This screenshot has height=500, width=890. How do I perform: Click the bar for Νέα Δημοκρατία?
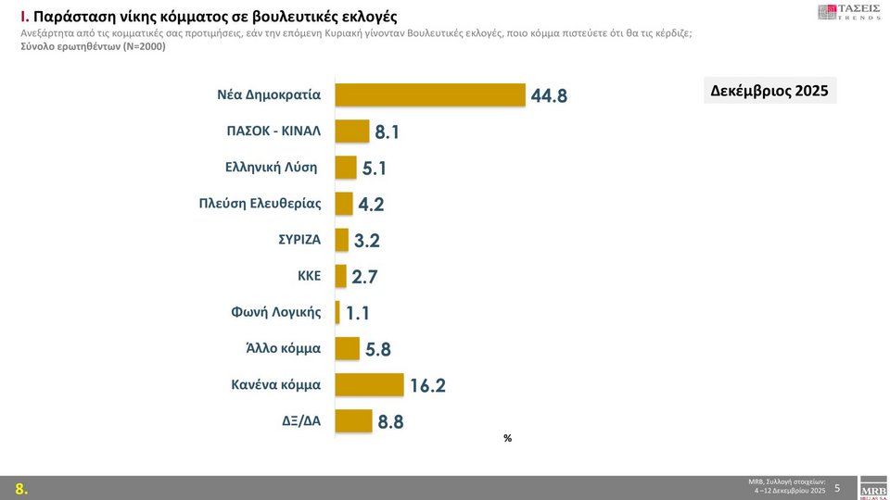(429, 94)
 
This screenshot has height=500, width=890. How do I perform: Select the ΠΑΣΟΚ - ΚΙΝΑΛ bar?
(351, 131)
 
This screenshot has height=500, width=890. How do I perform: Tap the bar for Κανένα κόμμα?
(369, 384)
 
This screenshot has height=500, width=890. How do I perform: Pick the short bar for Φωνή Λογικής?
(337, 312)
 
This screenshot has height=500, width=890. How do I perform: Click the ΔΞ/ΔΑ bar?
(353, 421)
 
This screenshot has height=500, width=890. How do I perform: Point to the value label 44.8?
(549, 95)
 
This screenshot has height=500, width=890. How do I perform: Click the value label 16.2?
(427, 386)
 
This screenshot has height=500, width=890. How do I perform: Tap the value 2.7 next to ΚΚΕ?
(365, 277)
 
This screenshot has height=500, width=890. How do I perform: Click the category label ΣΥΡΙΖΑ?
(299, 239)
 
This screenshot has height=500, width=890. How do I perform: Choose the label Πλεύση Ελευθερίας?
(261, 203)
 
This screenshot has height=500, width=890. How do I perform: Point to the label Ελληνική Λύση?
(272, 167)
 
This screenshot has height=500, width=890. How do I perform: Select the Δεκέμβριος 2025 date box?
(769, 91)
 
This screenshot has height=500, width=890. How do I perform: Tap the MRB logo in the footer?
(873, 490)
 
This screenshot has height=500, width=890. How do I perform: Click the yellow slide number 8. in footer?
(20, 489)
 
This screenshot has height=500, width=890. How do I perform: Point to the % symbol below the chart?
(507, 438)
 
